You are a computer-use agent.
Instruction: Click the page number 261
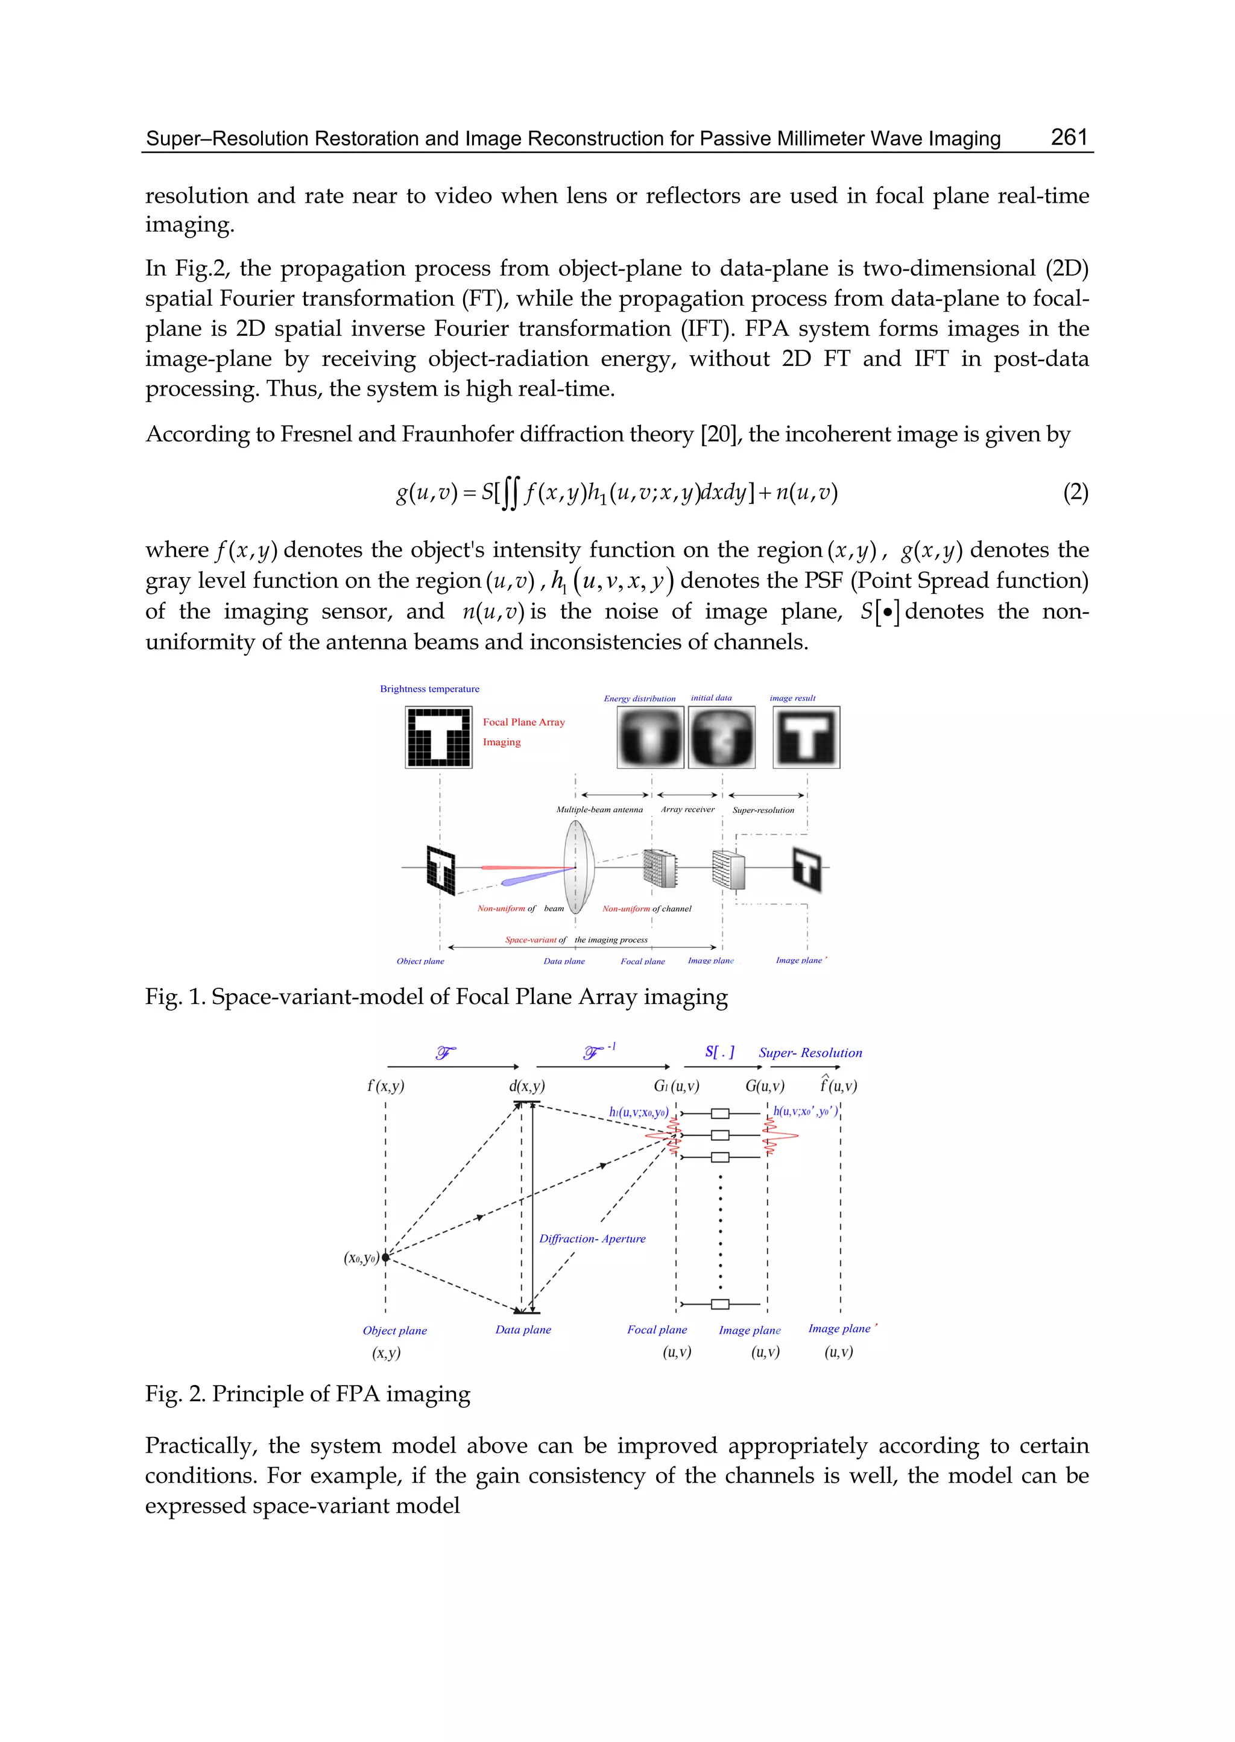click(x=1069, y=137)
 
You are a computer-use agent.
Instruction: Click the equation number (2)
click(x=1075, y=493)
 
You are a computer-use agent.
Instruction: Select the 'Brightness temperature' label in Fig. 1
click(x=430, y=689)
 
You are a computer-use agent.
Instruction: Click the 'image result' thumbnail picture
click(x=806, y=737)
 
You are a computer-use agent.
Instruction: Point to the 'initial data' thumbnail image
click(x=722, y=737)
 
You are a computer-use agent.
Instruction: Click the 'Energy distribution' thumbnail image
click(x=650, y=737)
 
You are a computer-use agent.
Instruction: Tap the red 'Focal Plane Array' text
click(x=524, y=722)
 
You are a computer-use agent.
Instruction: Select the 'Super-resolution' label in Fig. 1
click(x=763, y=810)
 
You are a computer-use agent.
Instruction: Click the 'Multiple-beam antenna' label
click(x=599, y=810)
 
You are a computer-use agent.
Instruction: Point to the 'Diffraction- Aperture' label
click(x=592, y=1239)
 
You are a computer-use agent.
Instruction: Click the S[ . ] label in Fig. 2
click(x=719, y=1052)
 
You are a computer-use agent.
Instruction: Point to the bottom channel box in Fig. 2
click(x=719, y=1305)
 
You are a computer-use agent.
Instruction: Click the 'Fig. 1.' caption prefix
click(x=175, y=997)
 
